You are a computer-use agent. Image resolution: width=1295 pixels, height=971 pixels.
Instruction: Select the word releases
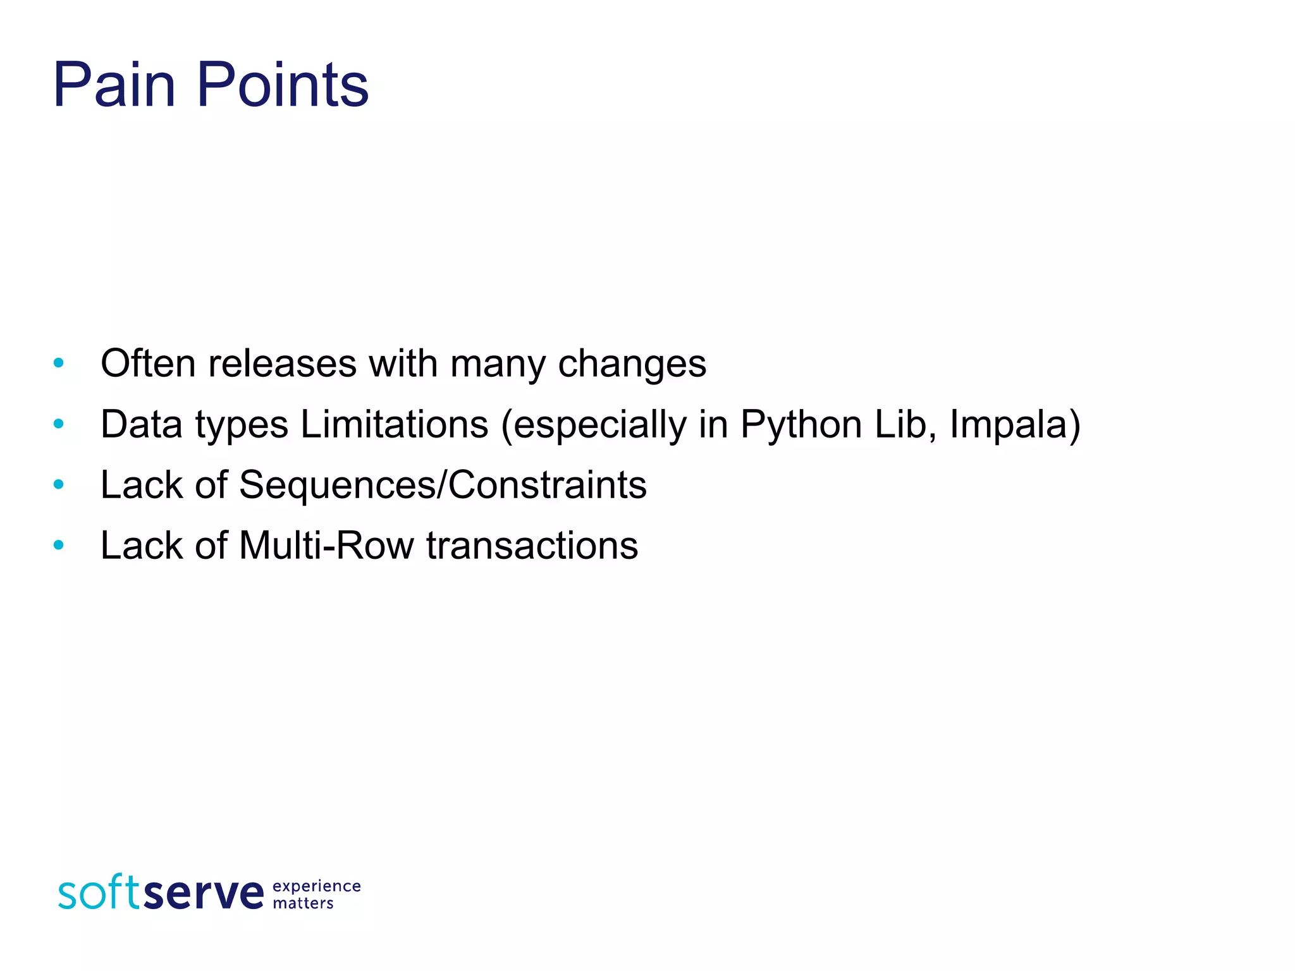(x=282, y=365)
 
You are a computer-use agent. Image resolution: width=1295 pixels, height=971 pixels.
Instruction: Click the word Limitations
(x=394, y=424)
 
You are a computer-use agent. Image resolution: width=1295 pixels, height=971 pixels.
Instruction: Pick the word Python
(x=801, y=425)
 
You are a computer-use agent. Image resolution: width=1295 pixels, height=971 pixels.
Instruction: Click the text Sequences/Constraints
(x=443, y=485)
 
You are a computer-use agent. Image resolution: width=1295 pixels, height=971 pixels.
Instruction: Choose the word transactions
(x=532, y=546)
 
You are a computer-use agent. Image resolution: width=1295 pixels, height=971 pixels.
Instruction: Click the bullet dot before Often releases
(x=59, y=363)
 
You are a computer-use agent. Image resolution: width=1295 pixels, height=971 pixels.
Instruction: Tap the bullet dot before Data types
(x=59, y=424)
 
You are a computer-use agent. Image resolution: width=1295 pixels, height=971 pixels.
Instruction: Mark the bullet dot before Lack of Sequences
(x=59, y=485)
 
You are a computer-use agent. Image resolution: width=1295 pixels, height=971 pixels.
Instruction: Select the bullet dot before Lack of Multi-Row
(x=59, y=545)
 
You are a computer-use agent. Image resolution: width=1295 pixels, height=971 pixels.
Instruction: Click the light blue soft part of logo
(x=99, y=893)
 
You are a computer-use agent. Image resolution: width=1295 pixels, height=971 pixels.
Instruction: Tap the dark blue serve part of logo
(x=204, y=894)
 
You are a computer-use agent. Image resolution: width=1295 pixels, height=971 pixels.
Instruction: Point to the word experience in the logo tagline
(x=316, y=886)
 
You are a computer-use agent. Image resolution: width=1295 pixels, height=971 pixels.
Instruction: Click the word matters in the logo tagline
(x=303, y=903)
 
